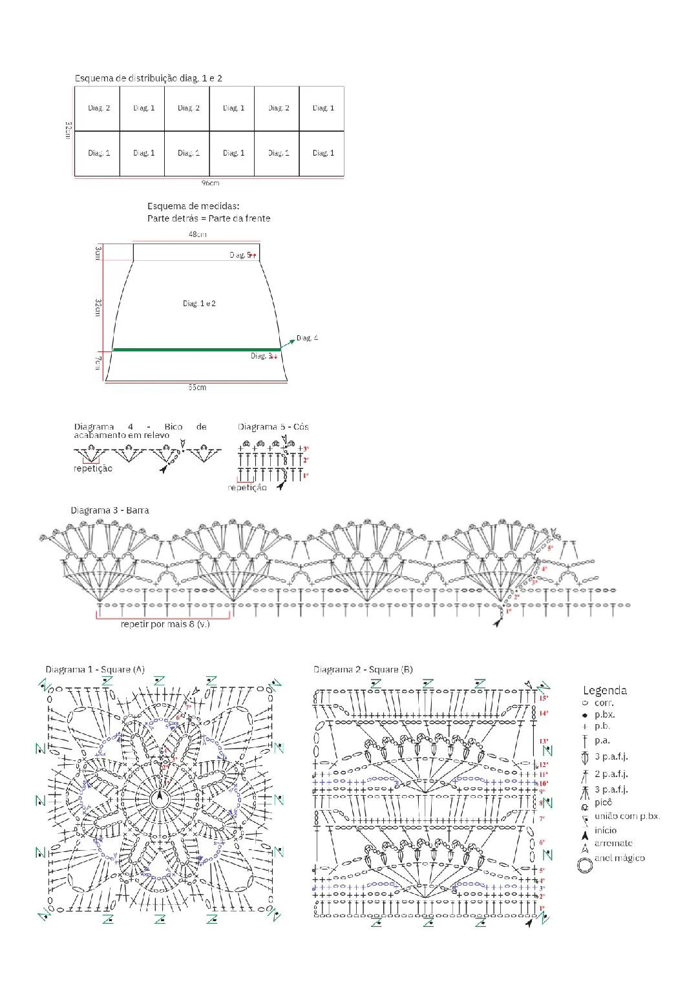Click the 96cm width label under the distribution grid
pos(209,183)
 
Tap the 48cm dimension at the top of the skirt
pos(197,234)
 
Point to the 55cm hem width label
pos(197,388)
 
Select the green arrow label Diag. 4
pos(307,338)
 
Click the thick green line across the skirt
pos(197,349)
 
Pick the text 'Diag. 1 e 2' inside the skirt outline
pos(199,303)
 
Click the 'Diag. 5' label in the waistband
pos(239,255)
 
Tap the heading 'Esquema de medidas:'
pos(193,206)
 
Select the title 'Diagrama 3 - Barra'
pos(110,510)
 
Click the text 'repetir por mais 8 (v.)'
pos(165,624)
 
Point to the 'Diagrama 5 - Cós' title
pos(273,427)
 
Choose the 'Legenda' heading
pos(604,691)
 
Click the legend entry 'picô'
pos(603,802)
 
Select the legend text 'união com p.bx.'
pos(627,816)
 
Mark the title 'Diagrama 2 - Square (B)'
pos(363,669)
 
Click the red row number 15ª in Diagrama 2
pos(543,698)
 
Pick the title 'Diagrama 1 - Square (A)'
pos(95,669)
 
